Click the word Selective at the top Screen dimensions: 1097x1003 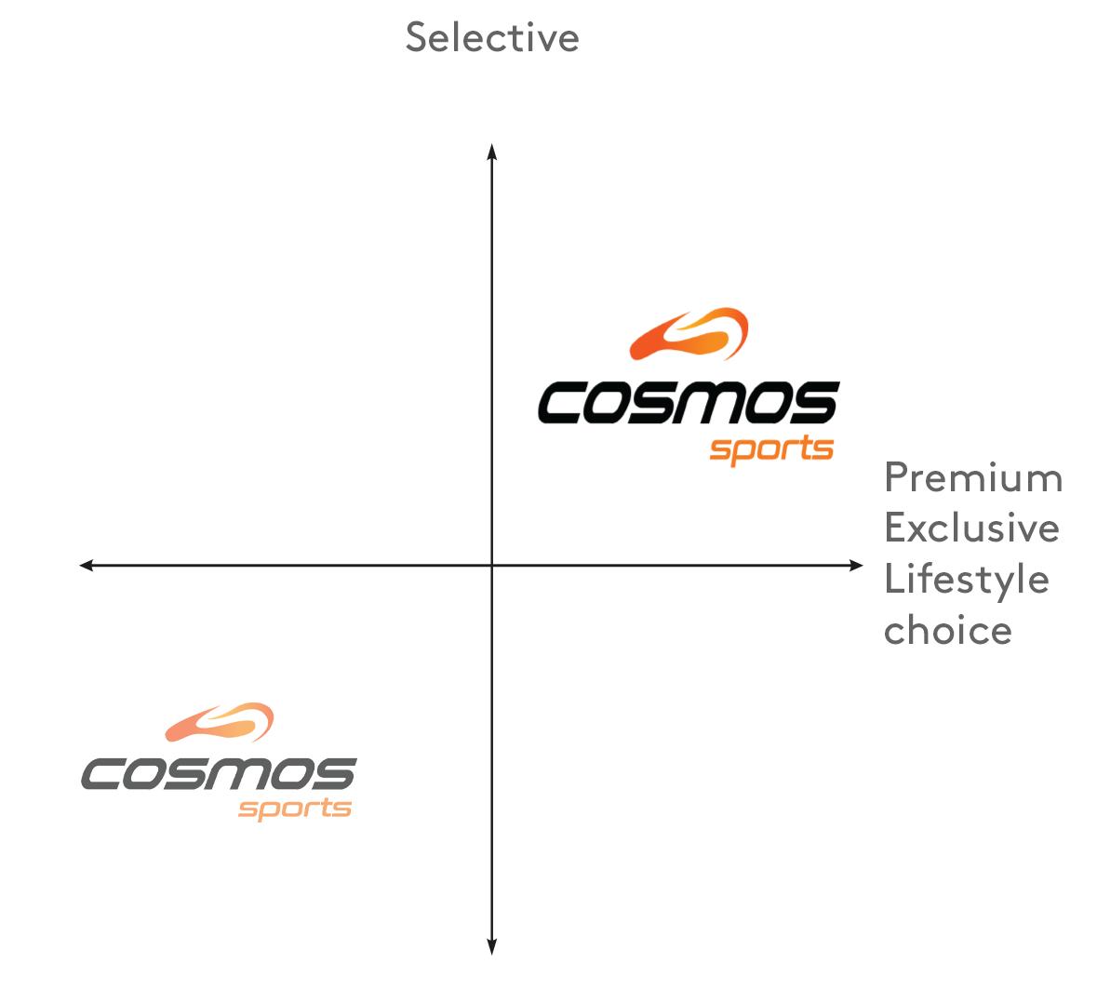tap(492, 37)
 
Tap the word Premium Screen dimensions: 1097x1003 tap(972, 477)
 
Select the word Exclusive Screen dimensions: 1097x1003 tap(971, 528)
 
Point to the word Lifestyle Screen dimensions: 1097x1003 tap(966, 580)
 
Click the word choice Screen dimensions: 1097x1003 tap(947, 630)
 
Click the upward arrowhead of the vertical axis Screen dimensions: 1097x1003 tap(492, 150)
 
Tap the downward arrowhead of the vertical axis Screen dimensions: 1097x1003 tap(492, 947)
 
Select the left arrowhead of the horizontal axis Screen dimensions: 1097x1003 tap(86, 565)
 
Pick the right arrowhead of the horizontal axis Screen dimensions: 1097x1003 tap(857, 565)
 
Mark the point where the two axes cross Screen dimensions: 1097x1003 tap(492, 565)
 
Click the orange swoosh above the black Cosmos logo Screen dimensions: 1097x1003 tap(689, 334)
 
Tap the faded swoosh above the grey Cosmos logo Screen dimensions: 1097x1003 tap(220, 722)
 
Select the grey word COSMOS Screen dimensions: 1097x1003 tap(219, 774)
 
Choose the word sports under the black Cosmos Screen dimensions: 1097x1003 tap(771, 450)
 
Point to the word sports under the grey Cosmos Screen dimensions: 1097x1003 tap(294, 808)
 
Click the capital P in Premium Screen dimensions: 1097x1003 tap(896, 477)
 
